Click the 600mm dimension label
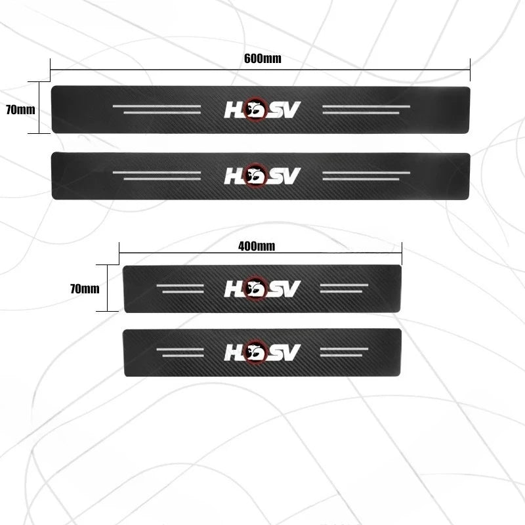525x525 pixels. (x=262, y=58)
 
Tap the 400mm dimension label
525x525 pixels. (x=256, y=247)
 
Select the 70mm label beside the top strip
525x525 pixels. (x=20, y=110)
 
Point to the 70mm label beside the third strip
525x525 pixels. (x=85, y=287)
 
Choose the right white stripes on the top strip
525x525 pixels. (x=367, y=110)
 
